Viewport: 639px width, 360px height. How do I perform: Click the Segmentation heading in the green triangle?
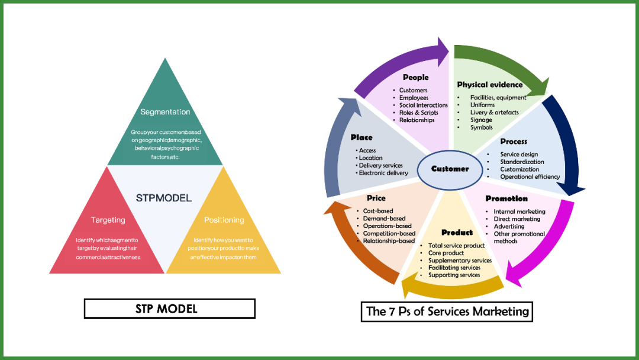coord(165,112)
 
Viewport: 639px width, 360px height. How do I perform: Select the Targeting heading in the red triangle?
coord(108,220)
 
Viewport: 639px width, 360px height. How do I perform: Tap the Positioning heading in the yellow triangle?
coord(224,220)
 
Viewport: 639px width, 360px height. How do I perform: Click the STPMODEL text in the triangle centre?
coord(164,198)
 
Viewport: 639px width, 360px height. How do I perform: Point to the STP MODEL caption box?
coord(169,308)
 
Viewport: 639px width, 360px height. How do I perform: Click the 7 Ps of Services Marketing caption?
coord(447,311)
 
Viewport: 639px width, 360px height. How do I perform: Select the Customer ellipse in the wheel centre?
coord(450,169)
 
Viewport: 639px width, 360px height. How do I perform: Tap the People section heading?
coord(415,78)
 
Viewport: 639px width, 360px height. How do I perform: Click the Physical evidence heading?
coord(489,85)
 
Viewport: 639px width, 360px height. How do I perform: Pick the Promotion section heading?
coord(506,198)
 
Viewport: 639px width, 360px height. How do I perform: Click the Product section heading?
coord(457,232)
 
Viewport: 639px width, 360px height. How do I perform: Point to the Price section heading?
coord(376,198)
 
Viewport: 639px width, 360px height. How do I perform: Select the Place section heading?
coord(361,137)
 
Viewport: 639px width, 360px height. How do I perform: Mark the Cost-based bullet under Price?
coord(378,211)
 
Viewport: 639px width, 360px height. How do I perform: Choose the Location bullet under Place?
coord(370,158)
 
